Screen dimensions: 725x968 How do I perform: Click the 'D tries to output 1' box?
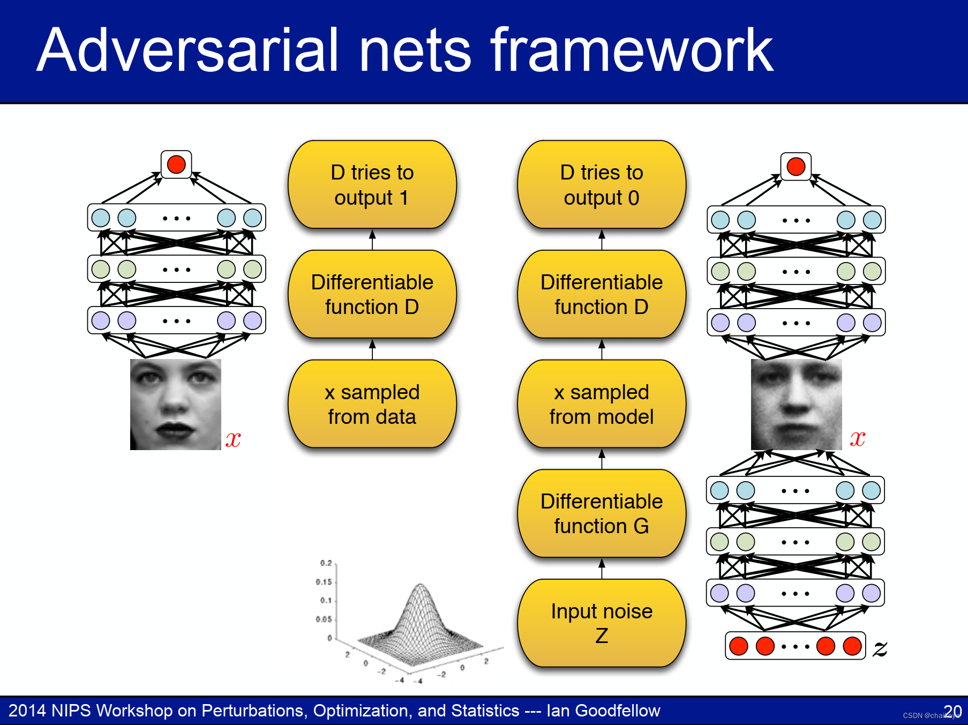(x=372, y=185)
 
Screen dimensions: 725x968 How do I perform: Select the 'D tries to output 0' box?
(x=601, y=185)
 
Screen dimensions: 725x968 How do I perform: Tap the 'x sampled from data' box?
(x=372, y=404)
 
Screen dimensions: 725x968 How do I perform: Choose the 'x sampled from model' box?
(x=601, y=404)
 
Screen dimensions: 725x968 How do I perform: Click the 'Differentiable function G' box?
(x=601, y=513)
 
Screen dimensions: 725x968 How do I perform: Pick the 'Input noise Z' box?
(x=601, y=623)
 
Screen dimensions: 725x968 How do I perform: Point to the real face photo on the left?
(x=176, y=405)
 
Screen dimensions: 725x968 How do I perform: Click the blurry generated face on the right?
(x=796, y=405)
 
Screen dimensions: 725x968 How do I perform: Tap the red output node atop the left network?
(x=176, y=165)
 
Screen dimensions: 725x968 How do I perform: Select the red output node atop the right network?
(x=796, y=167)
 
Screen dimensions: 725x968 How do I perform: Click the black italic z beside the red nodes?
(x=880, y=648)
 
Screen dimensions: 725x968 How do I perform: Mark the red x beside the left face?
(x=233, y=439)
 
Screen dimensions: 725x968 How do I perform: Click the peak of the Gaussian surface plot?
(x=421, y=586)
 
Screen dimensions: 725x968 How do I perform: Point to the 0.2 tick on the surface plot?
(x=326, y=563)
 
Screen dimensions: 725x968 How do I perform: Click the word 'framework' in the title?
(x=632, y=51)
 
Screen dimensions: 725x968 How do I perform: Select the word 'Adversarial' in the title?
(x=187, y=51)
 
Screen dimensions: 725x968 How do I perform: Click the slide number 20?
(x=953, y=711)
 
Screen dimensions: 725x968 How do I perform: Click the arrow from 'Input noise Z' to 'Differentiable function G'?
(x=602, y=569)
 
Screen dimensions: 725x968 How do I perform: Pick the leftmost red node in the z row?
(x=739, y=646)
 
